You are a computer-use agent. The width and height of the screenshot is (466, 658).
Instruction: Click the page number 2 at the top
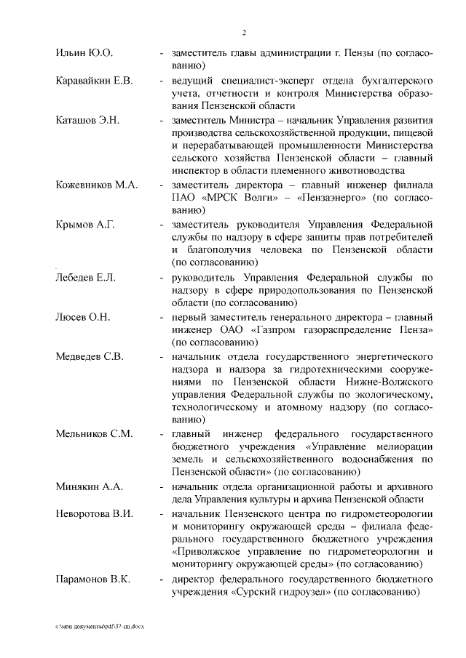point(244,32)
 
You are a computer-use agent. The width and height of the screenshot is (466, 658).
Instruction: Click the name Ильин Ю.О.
point(84,53)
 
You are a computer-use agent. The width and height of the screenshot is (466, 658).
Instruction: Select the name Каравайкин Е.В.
point(95,80)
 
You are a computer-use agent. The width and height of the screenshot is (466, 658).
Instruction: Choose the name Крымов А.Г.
point(86,224)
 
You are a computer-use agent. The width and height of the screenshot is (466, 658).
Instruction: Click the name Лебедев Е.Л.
point(87,277)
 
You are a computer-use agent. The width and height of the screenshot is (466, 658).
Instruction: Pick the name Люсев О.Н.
point(84,316)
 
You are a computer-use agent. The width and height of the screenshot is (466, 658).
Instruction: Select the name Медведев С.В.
point(90,356)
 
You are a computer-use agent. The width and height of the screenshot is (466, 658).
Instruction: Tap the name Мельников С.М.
point(94,434)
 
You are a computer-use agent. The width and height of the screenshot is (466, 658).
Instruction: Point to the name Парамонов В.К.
point(92,579)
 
